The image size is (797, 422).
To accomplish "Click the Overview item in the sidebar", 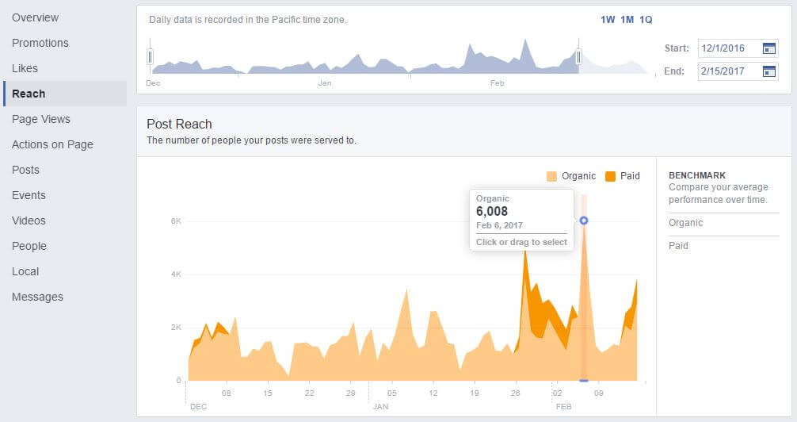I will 35,17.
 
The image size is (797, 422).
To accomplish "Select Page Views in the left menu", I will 41,119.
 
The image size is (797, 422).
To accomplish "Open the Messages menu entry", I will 37,297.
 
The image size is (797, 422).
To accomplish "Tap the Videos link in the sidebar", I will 29,221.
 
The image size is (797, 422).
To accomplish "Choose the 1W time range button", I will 608,20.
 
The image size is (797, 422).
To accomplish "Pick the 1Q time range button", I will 646,20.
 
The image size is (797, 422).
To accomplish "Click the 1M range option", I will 627,20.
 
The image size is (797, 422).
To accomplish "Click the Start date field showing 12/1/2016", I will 727,48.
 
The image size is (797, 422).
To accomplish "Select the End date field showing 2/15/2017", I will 727,71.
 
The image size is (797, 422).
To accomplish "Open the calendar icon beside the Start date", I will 768,48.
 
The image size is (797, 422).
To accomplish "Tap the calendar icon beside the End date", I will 768,71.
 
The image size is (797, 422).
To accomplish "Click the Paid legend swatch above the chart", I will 611,176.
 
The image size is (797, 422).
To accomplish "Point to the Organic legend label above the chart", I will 578,176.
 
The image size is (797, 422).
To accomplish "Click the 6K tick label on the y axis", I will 176,221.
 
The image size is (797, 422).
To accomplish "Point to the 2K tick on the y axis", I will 176,328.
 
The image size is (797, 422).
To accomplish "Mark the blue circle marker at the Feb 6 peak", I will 584,221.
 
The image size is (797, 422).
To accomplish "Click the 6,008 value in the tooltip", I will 492,211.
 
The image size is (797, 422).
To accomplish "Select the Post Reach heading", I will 179,124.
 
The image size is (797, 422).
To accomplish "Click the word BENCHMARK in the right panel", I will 697,175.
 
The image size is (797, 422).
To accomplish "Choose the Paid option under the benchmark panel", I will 678,246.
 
